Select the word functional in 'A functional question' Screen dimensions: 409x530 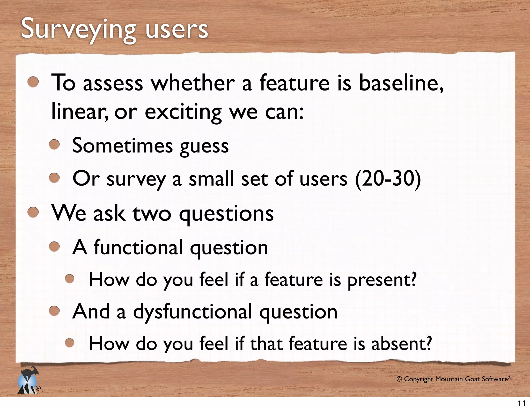[x=138, y=247]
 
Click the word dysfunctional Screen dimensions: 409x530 [x=193, y=312]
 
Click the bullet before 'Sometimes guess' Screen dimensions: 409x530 [x=55, y=145]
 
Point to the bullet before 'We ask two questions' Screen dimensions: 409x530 [x=33, y=213]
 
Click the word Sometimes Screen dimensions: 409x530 [x=122, y=146]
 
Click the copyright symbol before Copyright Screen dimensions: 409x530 [x=399, y=379]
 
